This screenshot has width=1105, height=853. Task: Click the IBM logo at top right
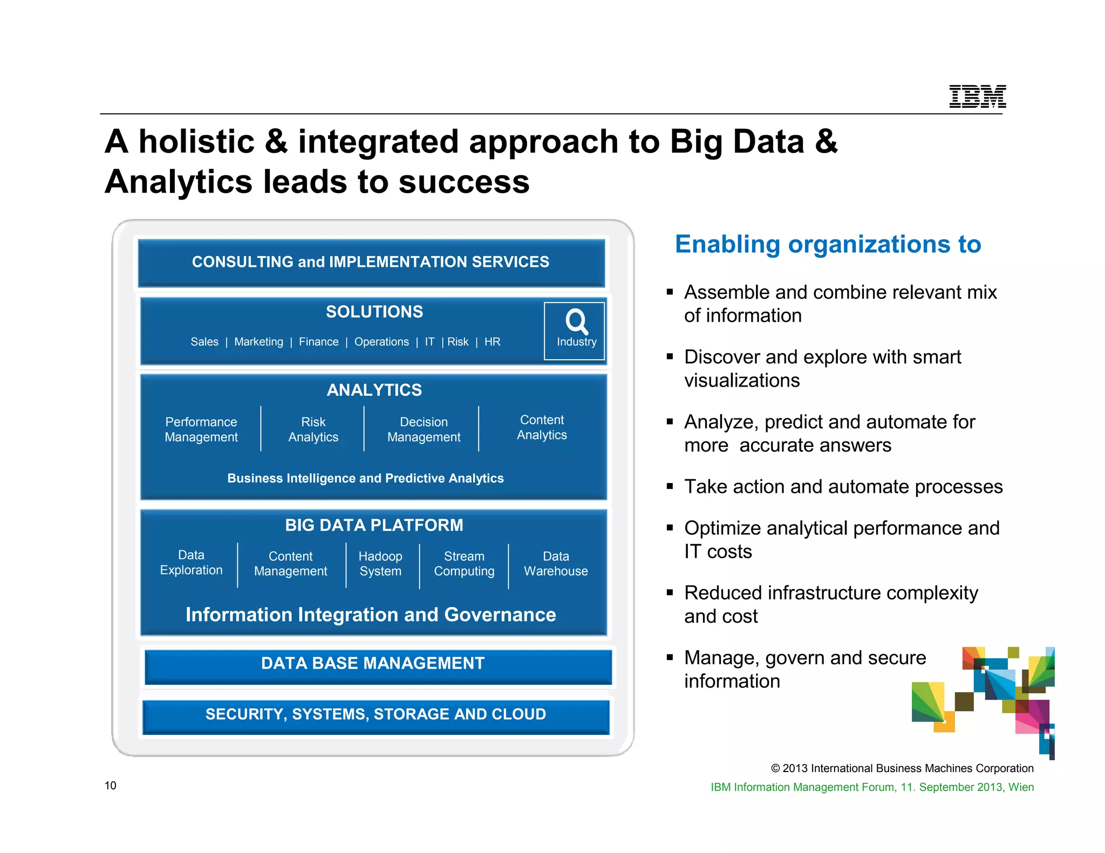pyautogui.click(x=977, y=97)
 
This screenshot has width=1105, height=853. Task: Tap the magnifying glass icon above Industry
pyautogui.click(x=576, y=321)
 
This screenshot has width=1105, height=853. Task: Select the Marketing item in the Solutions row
pyautogui.click(x=258, y=342)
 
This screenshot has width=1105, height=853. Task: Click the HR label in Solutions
pyautogui.click(x=492, y=342)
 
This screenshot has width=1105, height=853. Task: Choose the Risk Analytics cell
pyautogui.click(x=313, y=429)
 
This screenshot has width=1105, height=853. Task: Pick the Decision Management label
pyautogui.click(x=424, y=429)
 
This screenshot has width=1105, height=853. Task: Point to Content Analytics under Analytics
pyautogui.click(x=542, y=427)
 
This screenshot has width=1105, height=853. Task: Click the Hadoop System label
pyautogui.click(x=380, y=563)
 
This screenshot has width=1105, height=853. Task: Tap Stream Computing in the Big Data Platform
pyautogui.click(x=464, y=563)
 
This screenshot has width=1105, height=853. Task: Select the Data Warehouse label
pyautogui.click(x=556, y=563)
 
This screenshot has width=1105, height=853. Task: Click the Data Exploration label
pyautogui.click(x=191, y=562)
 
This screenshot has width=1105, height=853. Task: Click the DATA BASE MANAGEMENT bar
pyautogui.click(x=373, y=663)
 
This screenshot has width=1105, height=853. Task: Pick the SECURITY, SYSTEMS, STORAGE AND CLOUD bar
pyautogui.click(x=376, y=714)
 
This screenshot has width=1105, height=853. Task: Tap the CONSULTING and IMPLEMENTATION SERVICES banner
pyautogui.click(x=371, y=262)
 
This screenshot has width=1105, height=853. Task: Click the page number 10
pyautogui.click(x=111, y=786)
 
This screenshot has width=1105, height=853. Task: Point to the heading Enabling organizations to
pyautogui.click(x=828, y=244)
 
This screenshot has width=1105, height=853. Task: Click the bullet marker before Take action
pyautogui.click(x=670, y=486)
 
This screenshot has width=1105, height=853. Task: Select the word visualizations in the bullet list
pyautogui.click(x=742, y=381)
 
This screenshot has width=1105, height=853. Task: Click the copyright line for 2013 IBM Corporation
pyautogui.click(x=902, y=768)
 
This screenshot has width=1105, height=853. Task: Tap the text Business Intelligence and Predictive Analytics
pyautogui.click(x=365, y=478)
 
